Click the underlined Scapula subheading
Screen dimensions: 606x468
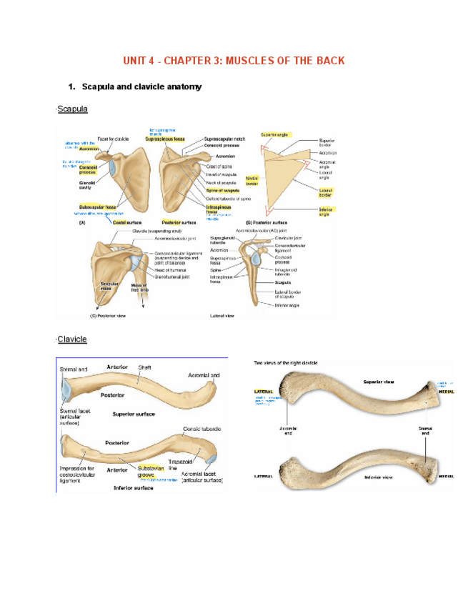coord(72,109)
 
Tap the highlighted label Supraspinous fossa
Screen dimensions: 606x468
coord(165,139)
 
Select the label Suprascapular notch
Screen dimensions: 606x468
coord(224,139)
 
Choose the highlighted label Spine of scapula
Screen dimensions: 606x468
coord(222,191)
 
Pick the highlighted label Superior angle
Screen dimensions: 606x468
coord(274,134)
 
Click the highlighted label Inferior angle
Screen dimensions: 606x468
coord(325,212)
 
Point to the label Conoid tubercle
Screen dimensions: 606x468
coord(202,428)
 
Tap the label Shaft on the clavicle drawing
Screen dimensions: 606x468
coord(144,368)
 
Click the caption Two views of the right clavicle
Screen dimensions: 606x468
coord(286,363)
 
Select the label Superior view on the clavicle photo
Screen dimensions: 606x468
coord(379,382)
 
